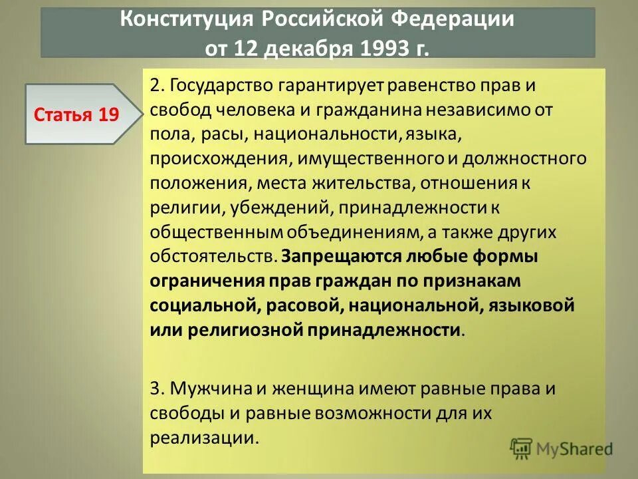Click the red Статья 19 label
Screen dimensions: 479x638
(76, 114)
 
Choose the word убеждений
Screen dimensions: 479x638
(281, 208)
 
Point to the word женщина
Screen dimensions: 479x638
(298, 388)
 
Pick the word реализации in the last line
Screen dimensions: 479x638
(202, 437)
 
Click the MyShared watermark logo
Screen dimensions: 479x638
(561, 448)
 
